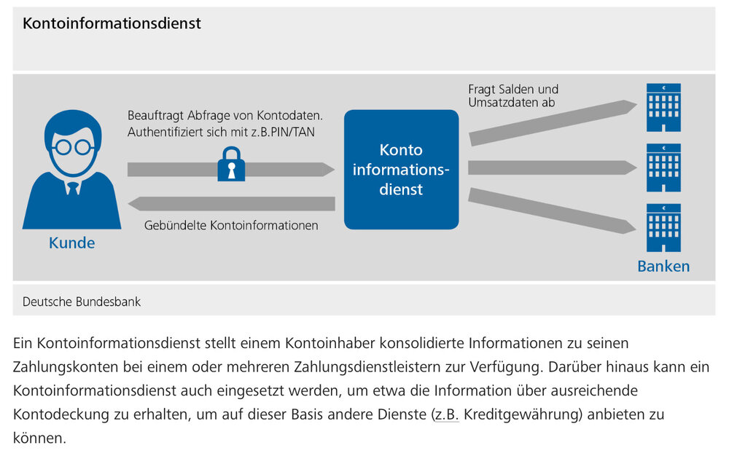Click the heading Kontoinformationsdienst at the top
click(x=112, y=23)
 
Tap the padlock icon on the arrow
click(x=231, y=165)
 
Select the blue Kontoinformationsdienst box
click(x=401, y=169)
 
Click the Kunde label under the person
click(x=71, y=243)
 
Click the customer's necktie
click(x=73, y=187)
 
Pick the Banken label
click(x=663, y=266)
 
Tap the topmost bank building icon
click(x=663, y=108)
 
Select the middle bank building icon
click(x=663, y=168)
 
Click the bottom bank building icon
click(x=663, y=228)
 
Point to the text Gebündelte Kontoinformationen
click(x=231, y=226)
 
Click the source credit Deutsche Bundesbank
click(x=82, y=301)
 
